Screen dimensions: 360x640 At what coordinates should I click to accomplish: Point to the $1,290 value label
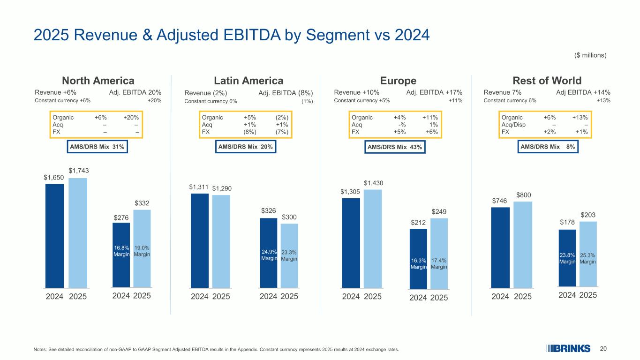click(x=222, y=188)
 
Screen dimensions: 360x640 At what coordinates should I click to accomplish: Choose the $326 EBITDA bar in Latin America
click(x=269, y=253)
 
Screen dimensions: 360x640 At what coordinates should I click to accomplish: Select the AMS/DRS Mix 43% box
click(x=395, y=147)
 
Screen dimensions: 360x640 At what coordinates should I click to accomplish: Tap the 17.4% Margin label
click(x=439, y=263)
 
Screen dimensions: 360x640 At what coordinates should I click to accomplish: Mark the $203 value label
click(x=589, y=215)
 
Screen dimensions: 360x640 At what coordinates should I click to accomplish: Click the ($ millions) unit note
click(x=590, y=55)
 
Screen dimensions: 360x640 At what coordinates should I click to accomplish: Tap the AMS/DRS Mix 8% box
click(x=549, y=147)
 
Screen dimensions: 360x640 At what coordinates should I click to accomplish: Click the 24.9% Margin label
click(x=269, y=255)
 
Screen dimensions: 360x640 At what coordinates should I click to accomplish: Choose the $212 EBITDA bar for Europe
click(x=418, y=258)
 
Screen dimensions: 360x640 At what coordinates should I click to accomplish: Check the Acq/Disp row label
click(x=513, y=124)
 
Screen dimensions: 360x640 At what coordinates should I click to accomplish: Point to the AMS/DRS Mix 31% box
click(x=97, y=147)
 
